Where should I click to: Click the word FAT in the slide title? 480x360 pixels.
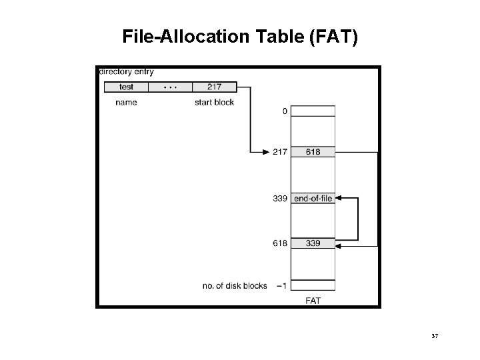(332, 37)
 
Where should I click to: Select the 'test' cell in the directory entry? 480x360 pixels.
(126, 87)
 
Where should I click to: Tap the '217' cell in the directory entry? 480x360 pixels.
(214, 87)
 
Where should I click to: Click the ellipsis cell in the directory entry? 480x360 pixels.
(170, 87)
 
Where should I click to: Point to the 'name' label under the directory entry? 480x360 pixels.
(126, 102)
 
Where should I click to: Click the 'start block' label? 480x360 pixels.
(214, 102)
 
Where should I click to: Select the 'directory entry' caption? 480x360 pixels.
(126, 71)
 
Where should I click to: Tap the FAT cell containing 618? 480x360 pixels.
(313, 151)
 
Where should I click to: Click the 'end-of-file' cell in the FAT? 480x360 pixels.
(313, 198)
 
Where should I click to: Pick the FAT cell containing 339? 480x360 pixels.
(313, 243)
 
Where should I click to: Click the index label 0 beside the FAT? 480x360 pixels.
(285, 111)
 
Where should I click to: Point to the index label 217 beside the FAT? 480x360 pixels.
(280, 151)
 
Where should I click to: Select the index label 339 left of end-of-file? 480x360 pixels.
(280, 198)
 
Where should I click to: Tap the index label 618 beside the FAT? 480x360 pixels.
(280, 243)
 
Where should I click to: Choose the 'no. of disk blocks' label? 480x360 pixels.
(235, 286)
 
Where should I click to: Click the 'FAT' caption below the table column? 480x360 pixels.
(313, 301)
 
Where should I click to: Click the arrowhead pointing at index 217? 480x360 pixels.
(265, 151)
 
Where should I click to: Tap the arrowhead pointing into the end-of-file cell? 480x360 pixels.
(339, 198)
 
